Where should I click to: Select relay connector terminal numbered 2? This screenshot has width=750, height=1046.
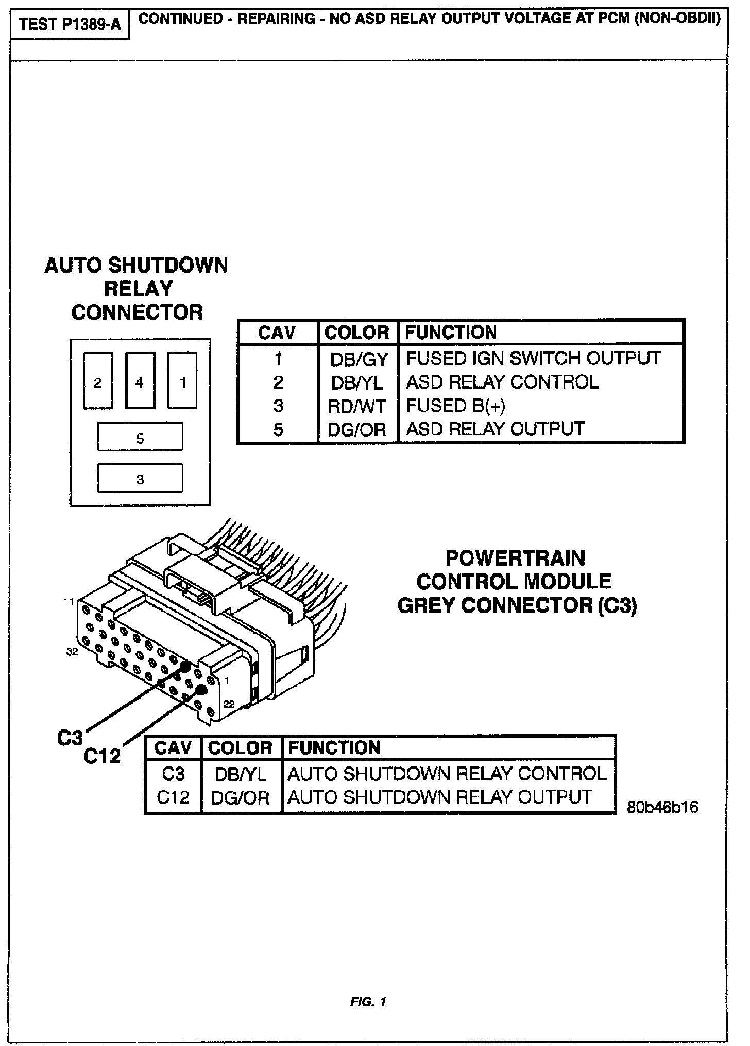pyautogui.click(x=98, y=381)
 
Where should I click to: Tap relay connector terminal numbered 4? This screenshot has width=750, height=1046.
pyautogui.click(x=140, y=381)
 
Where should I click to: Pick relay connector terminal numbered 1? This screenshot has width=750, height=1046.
pyautogui.click(x=182, y=381)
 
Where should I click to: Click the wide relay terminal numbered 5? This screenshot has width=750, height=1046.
pyautogui.click(x=140, y=437)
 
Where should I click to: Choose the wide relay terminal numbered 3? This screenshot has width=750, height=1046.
pyautogui.click(x=140, y=478)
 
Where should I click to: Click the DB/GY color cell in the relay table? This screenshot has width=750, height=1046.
pyautogui.click(x=359, y=359)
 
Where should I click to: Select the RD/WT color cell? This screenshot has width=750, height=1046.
pyautogui.click(x=356, y=407)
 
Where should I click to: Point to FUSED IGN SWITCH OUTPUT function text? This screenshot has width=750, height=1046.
pyautogui.click(x=533, y=358)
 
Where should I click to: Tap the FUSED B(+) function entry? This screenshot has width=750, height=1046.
pyautogui.click(x=455, y=406)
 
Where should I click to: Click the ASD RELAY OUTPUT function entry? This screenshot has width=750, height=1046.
pyautogui.click(x=495, y=429)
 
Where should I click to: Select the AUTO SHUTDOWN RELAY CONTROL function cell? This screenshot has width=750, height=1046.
pyautogui.click(x=447, y=774)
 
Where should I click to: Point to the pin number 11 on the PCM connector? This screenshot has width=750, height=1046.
pyautogui.click(x=69, y=601)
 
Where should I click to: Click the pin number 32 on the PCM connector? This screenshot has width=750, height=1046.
pyautogui.click(x=72, y=652)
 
